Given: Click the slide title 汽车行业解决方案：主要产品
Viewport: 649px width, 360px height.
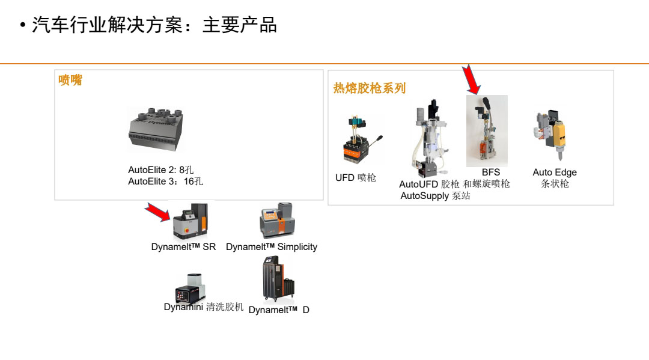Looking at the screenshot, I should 154,25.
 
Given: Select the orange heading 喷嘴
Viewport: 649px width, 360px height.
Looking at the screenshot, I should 70,80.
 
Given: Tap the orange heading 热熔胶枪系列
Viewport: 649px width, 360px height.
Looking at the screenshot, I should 370,88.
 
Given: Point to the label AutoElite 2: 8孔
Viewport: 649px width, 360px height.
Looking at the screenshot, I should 161,170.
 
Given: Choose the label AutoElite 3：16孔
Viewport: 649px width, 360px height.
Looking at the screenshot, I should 165,182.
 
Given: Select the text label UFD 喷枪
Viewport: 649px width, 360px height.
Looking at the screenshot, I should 356,178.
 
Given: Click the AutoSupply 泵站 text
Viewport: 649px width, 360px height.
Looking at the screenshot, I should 435,196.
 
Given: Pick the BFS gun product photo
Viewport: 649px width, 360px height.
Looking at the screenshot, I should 487,131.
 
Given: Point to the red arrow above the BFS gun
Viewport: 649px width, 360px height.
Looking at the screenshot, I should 472,81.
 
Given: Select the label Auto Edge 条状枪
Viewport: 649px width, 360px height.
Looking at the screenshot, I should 555,178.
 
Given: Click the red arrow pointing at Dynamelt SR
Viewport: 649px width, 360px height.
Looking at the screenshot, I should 158,212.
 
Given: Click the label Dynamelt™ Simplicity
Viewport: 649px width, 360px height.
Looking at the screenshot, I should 272,247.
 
